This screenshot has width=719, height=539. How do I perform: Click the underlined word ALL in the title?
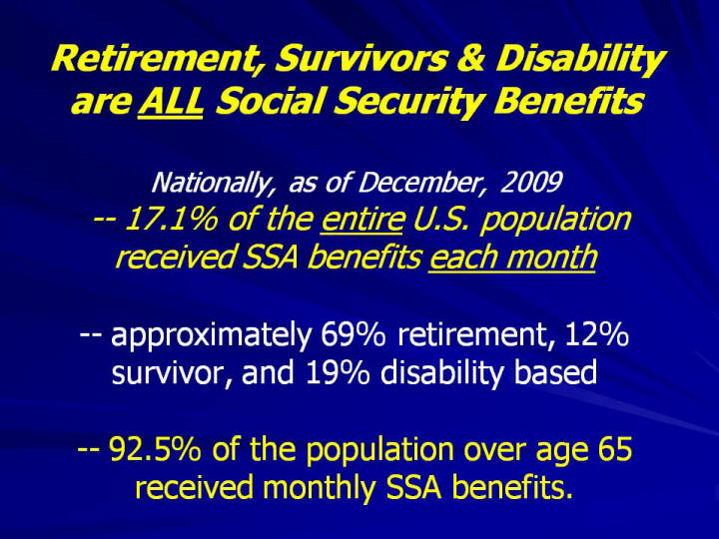(170, 101)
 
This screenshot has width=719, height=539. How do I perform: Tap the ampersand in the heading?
(470, 58)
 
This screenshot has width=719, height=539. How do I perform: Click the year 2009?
(530, 183)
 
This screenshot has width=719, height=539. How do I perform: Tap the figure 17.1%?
(171, 219)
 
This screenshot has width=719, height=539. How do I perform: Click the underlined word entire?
(361, 220)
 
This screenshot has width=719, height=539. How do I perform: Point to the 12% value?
(597, 335)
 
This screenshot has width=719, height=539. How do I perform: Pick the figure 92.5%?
(155, 449)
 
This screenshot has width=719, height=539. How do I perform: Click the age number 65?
(615, 449)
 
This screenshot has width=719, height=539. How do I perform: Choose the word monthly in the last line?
(320, 488)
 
